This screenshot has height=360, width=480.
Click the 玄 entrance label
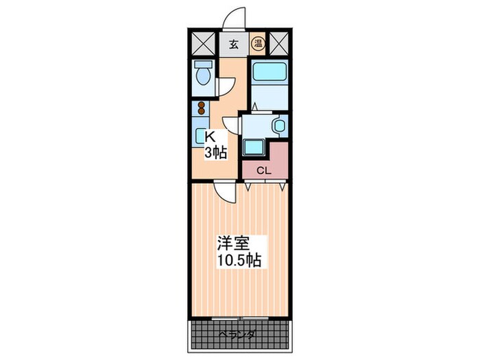tap(233, 45)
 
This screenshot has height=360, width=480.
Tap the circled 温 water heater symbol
tap(258, 45)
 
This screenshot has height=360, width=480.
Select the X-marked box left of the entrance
tap(202, 45)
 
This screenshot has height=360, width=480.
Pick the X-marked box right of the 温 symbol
tap(278, 45)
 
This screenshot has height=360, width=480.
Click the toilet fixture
tap(202, 73)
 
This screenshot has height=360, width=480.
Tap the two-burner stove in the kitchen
tap(202, 108)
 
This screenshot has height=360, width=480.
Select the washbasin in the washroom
tap(278, 126)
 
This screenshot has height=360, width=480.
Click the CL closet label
tap(263, 171)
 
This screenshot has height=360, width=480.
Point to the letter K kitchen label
tap(211, 137)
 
